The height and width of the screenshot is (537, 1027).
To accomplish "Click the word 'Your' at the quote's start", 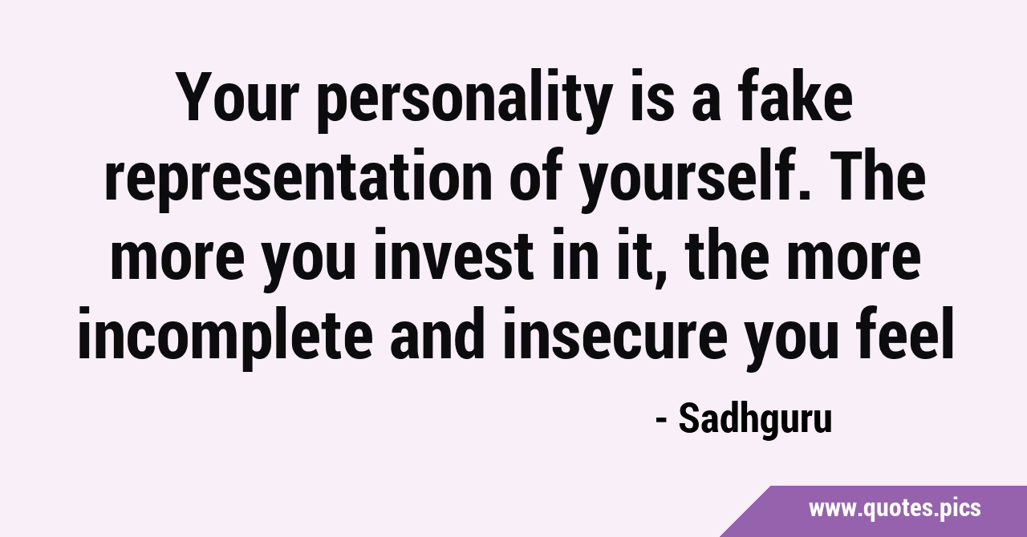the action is point(238,98).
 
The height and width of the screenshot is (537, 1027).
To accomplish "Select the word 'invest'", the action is point(454,254).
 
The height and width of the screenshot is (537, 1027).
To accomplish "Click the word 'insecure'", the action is point(615,333).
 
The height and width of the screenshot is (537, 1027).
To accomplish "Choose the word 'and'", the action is point(438,333).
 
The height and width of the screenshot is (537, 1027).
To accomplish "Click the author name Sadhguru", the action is point(755,421).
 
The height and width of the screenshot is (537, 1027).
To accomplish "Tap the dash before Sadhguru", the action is point(661,421).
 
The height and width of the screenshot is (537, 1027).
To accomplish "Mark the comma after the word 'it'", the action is point(660,276).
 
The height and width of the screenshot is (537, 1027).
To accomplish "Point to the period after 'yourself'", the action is point(805,194).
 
